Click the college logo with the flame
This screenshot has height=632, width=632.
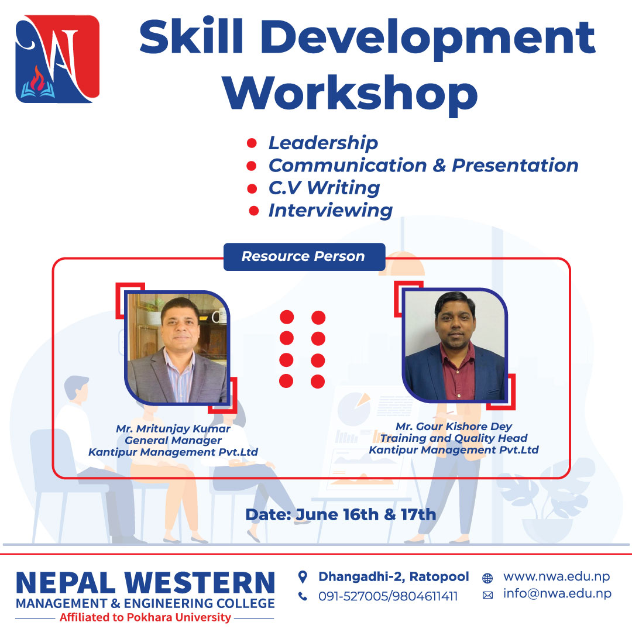57,59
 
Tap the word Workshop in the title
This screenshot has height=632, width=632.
350,94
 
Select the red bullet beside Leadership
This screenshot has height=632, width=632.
252,143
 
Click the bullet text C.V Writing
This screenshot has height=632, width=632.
324,188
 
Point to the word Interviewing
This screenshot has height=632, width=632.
331,211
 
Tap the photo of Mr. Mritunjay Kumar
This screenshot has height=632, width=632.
177,348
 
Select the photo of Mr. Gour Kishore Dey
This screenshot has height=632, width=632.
455,345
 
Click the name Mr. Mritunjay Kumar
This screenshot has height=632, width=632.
173,428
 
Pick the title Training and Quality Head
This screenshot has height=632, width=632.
454,438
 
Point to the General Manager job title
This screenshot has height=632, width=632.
173,440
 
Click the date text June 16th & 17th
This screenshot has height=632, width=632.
366,515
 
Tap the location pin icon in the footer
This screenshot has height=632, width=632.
303,577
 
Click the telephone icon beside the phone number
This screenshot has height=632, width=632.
303,596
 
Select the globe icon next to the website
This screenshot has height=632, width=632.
487,578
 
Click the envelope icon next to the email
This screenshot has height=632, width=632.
487,595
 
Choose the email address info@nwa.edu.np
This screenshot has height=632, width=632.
558,594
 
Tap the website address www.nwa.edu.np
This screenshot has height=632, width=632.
557,577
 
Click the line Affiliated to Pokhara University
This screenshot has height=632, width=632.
145,617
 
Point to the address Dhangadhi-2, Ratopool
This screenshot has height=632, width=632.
394,577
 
